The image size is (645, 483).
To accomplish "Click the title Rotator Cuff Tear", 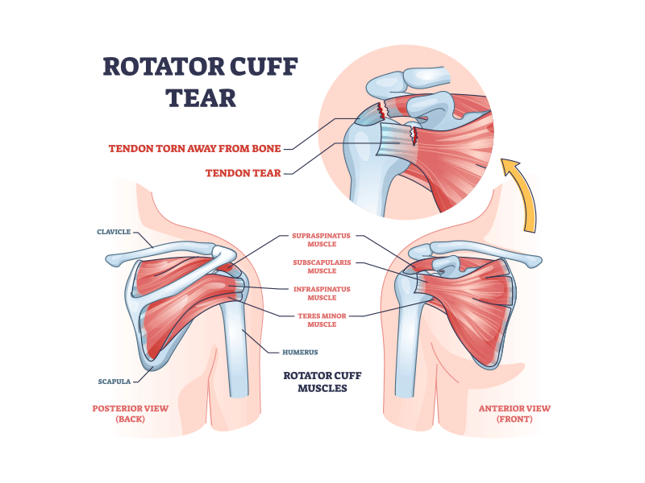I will [x=201, y=81].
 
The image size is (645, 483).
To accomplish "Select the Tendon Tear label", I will [x=243, y=172].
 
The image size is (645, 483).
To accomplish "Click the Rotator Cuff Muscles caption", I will [x=315, y=382].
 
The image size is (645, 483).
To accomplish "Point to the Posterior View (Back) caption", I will [x=130, y=414].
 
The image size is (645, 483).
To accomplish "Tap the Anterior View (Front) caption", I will [x=514, y=414].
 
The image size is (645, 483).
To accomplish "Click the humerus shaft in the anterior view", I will [x=407, y=354].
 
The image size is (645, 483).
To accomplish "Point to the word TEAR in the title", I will [x=201, y=97].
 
